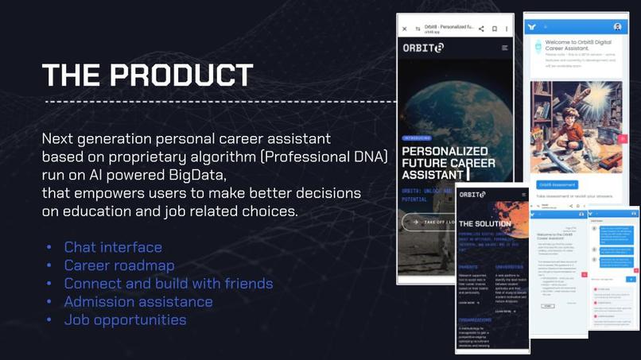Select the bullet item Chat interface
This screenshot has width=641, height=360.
click(x=113, y=247)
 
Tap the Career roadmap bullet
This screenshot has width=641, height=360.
click(x=118, y=265)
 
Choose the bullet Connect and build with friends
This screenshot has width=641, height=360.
click(x=168, y=284)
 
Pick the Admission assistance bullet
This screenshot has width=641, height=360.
click(x=138, y=302)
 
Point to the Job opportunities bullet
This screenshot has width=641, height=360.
click(x=125, y=320)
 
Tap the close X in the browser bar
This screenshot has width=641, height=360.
click(x=404, y=29)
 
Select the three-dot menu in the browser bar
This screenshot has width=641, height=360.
click(x=507, y=29)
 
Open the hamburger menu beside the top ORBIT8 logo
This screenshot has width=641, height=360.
click(x=504, y=48)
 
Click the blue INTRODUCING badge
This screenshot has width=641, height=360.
click(x=418, y=137)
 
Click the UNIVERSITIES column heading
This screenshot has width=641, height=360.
click(x=510, y=267)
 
